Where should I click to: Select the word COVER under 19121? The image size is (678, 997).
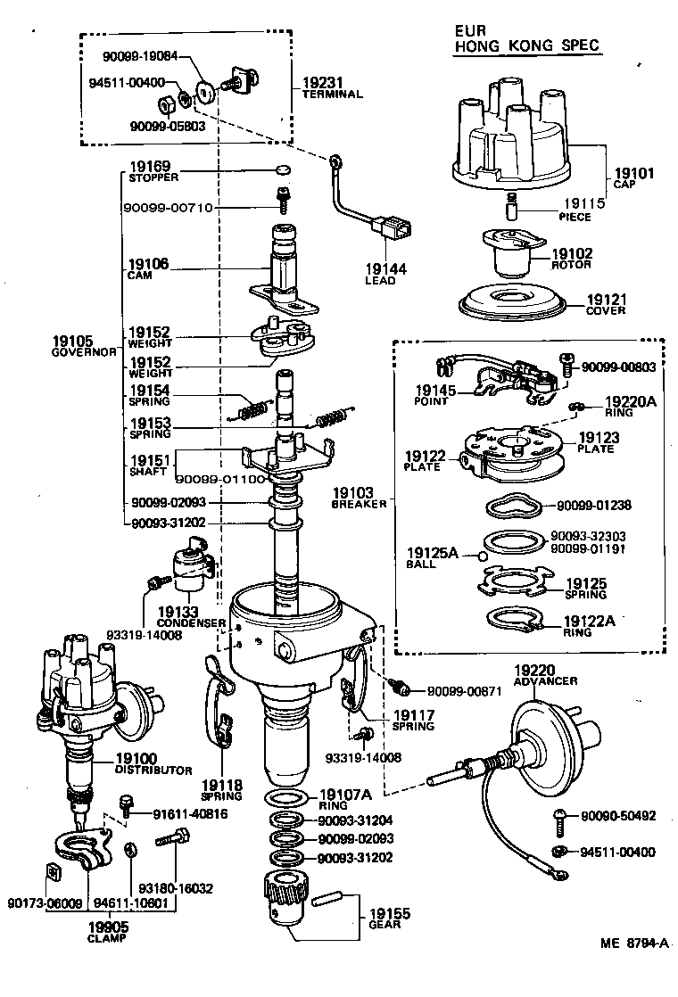[606, 311]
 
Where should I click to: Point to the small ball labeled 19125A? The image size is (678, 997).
[484, 556]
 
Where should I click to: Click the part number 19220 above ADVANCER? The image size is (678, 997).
[534, 670]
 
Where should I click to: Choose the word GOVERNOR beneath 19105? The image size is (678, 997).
[84, 352]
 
